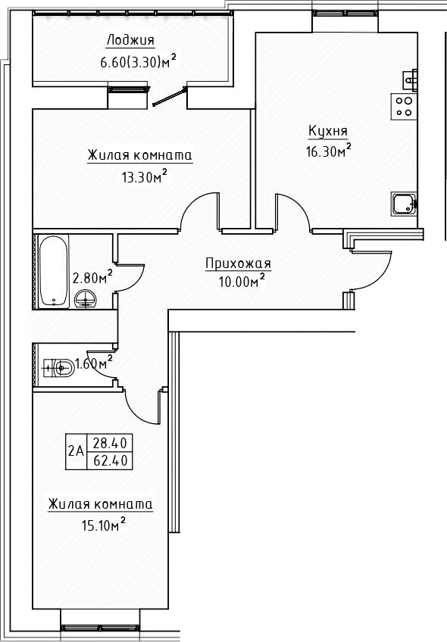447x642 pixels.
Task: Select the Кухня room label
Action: (x=327, y=131)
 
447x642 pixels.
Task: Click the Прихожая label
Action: (x=238, y=263)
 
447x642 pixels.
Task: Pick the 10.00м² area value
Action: (x=238, y=282)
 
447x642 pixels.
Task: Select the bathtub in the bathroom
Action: (x=52, y=270)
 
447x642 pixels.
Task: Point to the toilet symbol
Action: (x=60, y=369)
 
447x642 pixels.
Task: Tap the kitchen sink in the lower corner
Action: (x=403, y=203)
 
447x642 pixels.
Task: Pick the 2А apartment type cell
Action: (x=76, y=450)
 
